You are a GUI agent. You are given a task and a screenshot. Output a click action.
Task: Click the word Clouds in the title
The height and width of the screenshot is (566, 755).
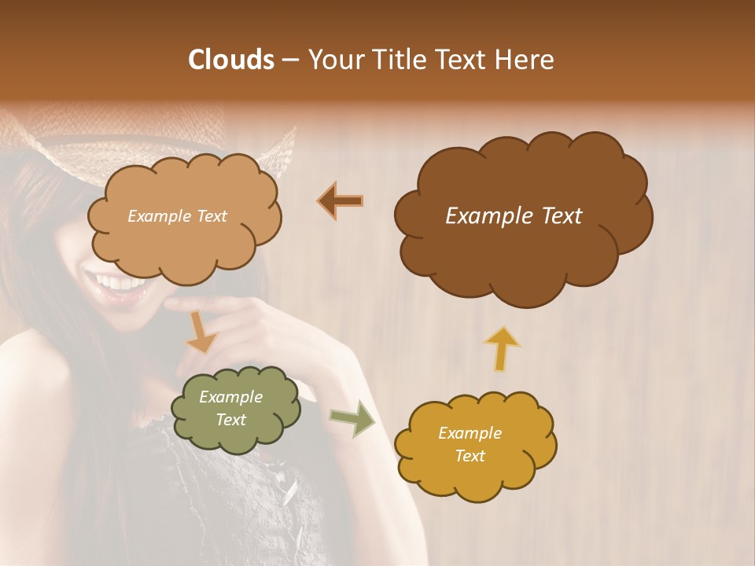tap(230, 60)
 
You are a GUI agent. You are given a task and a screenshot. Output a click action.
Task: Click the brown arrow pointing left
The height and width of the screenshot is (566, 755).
tap(341, 201)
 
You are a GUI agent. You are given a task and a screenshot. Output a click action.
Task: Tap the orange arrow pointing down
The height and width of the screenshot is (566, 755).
tap(201, 333)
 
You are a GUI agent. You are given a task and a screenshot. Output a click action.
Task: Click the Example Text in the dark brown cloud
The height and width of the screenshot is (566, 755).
tap(514, 216)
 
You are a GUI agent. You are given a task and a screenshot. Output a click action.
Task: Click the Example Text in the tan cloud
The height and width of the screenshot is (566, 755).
tap(177, 216)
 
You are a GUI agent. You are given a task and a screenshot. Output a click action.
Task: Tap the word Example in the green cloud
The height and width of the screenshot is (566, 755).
tap(230, 397)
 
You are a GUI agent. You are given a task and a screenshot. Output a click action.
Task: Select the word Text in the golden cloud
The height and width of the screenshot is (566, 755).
tap(470, 456)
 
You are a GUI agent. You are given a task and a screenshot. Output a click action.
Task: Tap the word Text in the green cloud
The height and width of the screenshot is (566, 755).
tap(230, 420)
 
